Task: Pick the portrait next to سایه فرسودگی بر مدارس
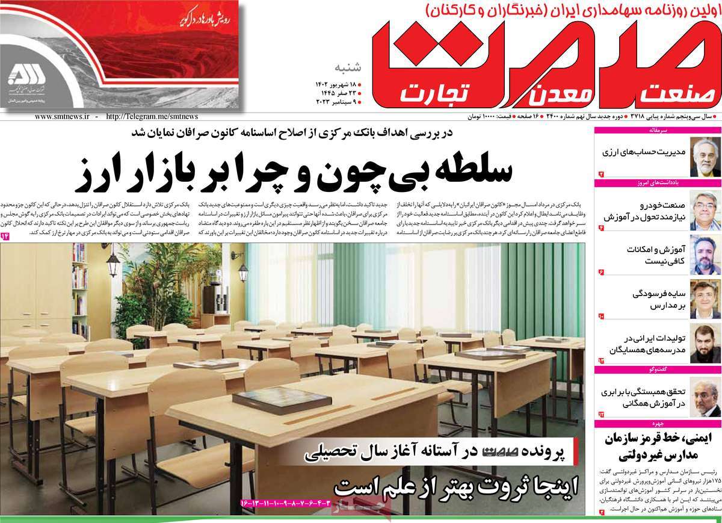click(x=701, y=299)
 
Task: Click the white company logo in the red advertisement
click(x=27, y=75)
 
